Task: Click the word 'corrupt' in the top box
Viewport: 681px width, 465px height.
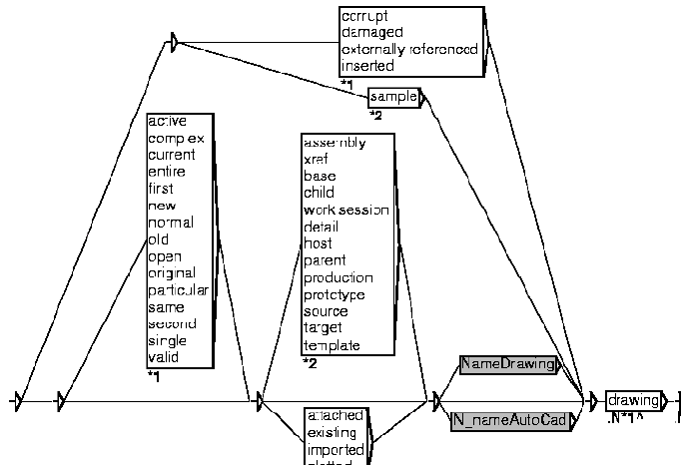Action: point(364,16)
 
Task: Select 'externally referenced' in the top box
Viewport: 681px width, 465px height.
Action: point(409,49)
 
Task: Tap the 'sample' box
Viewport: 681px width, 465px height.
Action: point(393,97)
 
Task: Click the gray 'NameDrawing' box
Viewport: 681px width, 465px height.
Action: point(507,365)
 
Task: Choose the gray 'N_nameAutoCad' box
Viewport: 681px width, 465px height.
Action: point(510,420)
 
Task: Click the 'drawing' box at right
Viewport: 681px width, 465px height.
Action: point(633,400)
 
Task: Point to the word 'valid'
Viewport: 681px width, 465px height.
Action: point(163,358)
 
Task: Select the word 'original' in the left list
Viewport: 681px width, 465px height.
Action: point(172,273)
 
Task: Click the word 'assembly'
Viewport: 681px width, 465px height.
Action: point(334,142)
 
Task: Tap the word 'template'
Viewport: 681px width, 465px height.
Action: point(332,345)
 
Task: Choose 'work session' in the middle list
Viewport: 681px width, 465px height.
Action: point(345,210)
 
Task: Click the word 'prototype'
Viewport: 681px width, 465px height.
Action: point(334,294)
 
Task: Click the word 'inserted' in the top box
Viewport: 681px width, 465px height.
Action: point(367,66)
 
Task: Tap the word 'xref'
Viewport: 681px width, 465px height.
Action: point(317,159)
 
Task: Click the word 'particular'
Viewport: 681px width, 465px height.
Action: point(178,290)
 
